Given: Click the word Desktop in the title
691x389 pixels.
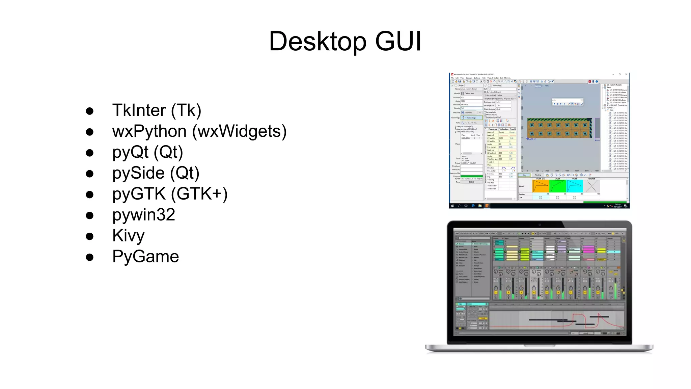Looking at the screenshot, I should click(x=317, y=41).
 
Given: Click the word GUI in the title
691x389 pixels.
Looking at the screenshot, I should click(x=398, y=41).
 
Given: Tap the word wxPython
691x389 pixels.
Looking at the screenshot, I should click(x=149, y=131).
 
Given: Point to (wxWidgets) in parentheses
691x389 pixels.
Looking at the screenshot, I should click(x=239, y=131).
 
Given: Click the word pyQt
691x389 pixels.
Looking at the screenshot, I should click(x=130, y=152).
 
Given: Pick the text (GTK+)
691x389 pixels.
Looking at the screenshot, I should click(x=199, y=194).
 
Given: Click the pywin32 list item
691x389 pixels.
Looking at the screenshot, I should click(x=144, y=215).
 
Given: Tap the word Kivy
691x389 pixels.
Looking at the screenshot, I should click(x=128, y=236).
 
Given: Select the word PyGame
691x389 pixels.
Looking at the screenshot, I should click(x=145, y=257).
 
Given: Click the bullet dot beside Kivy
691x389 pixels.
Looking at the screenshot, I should click(x=89, y=236).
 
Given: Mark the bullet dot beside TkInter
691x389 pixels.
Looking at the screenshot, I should click(x=89, y=111).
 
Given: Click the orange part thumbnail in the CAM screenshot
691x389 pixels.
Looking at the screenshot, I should click(x=541, y=186).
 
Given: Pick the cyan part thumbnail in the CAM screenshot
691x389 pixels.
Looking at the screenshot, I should click(x=575, y=186).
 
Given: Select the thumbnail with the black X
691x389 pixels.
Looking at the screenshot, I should click(x=591, y=186).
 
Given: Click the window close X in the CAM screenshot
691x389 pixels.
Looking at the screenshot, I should click(x=626, y=74).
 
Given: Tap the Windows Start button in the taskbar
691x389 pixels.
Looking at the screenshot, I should click(x=452, y=206).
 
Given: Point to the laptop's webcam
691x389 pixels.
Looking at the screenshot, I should click(x=540, y=224).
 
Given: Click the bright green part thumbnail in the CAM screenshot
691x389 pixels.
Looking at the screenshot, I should click(x=557, y=186).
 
